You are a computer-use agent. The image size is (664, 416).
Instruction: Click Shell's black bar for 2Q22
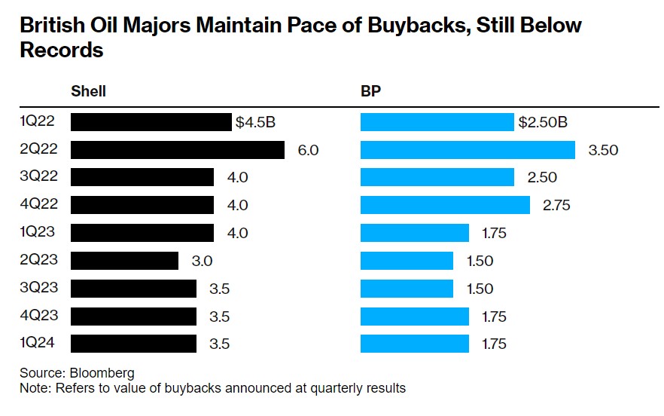click(x=177, y=150)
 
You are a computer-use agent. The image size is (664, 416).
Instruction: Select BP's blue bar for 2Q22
click(x=468, y=150)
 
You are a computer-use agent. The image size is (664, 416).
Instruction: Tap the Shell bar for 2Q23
click(x=124, y=261)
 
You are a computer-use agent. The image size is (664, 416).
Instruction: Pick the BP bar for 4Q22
click(x=445, y=205)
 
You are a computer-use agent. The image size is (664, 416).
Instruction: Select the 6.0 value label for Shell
click(x=308, y=150)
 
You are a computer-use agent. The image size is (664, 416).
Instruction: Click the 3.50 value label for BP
click(x=603, y=150)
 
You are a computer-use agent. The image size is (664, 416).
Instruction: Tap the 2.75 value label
click(x=557, y=205)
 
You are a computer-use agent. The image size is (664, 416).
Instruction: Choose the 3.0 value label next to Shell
click(x=202, y=261)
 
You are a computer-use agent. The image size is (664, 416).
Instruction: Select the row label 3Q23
click(x=36, y=288)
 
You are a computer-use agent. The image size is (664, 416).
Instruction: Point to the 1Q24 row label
click(x=36, y=344)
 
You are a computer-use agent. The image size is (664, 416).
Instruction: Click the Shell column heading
click(x=88, y=91)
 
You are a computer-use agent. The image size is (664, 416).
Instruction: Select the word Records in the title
click(x=61, y=51)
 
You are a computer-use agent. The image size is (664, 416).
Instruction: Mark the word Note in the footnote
click(x=35, y=388)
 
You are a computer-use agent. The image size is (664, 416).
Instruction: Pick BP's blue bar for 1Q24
click(x=414, y=344)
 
